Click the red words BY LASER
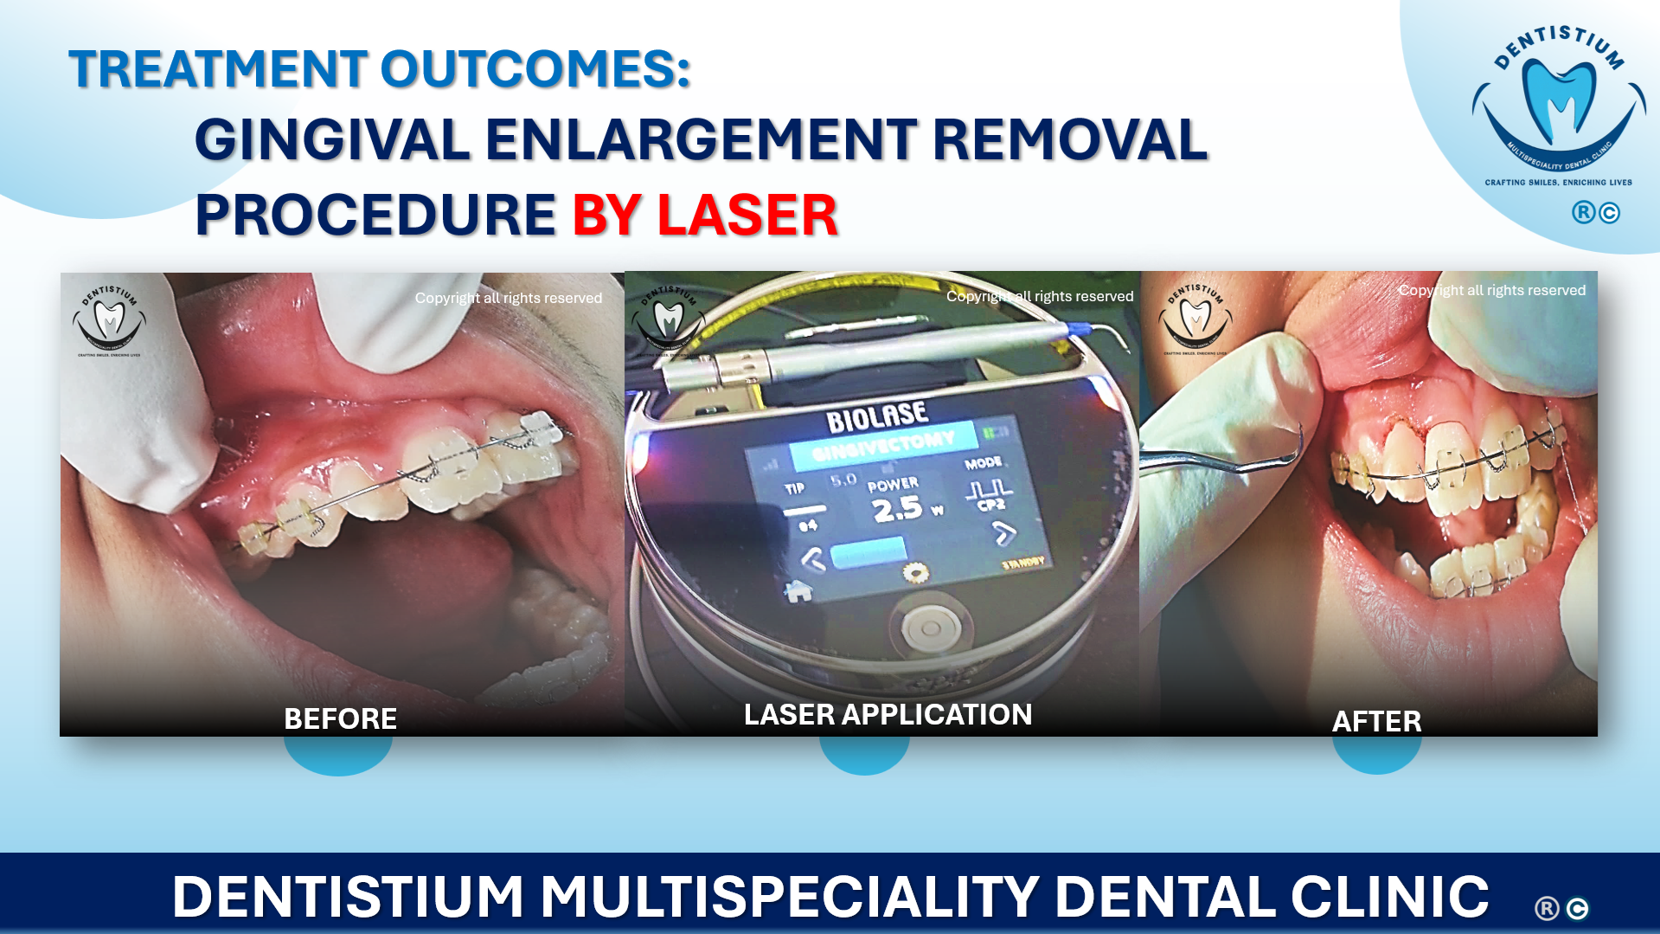704,215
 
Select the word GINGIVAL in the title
331,140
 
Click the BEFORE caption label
340,718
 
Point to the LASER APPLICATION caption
888,714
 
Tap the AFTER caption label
1375,721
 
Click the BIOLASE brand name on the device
876,417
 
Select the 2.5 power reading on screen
897,509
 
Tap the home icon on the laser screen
798,590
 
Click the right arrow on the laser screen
1003,533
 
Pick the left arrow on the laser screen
812,560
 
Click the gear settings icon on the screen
914,571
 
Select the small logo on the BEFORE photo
109,319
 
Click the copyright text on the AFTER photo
1491,290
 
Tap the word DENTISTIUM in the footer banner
348,896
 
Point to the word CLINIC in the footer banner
1389,896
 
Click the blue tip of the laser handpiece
1078,328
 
